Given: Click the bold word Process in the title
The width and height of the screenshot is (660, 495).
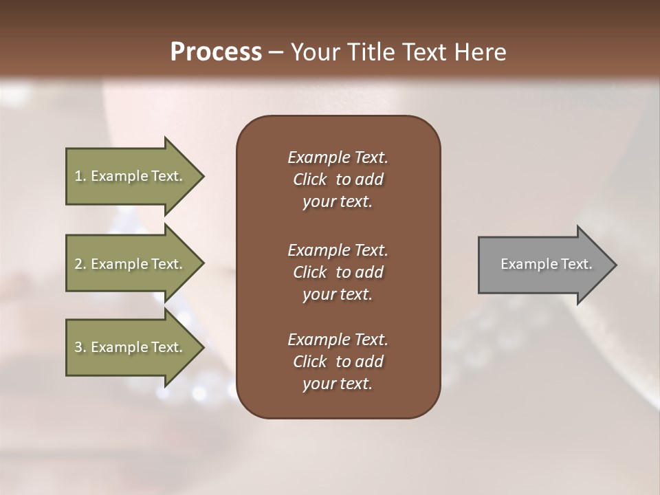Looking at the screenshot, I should [216, 52].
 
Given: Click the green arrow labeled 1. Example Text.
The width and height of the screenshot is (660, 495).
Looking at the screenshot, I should [131, 176].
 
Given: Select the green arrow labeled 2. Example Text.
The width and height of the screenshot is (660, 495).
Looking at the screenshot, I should [131, 264].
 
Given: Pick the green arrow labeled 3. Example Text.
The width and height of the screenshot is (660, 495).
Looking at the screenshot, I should [131, 347].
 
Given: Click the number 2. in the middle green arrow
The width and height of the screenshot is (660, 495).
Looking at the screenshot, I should [80, 264].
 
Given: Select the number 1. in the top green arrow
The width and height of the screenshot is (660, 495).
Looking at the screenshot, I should [80, 176].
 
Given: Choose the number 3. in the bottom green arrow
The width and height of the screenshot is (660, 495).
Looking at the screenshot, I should [80, 347].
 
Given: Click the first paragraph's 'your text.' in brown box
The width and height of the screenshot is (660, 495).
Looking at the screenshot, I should [338, 202].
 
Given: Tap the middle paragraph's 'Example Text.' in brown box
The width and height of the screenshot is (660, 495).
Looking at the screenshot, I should [338, 250].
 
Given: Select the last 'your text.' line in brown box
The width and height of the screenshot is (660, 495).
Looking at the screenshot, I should [338, 384].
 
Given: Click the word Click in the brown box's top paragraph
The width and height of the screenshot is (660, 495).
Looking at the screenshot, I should [310, 180].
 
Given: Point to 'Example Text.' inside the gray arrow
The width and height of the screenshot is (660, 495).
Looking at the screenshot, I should [546, 264].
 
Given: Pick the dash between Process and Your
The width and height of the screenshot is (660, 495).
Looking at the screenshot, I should [276, 52].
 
